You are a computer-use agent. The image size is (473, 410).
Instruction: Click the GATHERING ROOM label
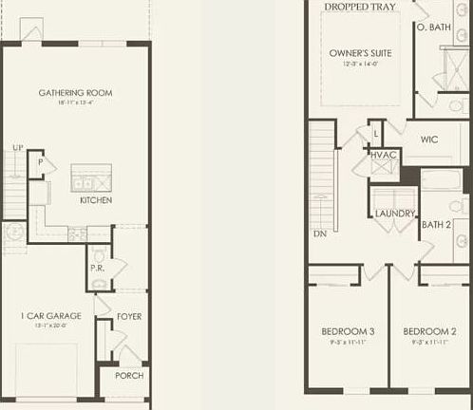click(x=75, y=92)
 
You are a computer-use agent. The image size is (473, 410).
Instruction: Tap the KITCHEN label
click(x=96, y=200)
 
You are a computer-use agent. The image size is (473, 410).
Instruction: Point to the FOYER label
click(x=129, y=315)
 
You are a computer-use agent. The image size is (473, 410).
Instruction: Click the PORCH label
click(x=129, y=375)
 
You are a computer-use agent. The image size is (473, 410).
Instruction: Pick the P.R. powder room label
click(x=97, y=267)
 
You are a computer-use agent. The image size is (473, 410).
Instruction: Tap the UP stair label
click(x=18, y=148)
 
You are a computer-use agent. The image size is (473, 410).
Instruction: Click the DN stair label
click(x=319, y=233)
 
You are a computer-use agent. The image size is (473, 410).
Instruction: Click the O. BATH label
click(x=433, y=28)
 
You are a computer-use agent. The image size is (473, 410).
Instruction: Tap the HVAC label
click(x=385, y=155)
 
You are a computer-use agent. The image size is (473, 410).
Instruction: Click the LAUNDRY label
click(x=394, y=214)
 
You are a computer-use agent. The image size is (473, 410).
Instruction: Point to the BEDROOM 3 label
click(x=348, y=331)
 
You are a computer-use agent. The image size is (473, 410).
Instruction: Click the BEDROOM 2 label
click(x=430, y=331)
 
